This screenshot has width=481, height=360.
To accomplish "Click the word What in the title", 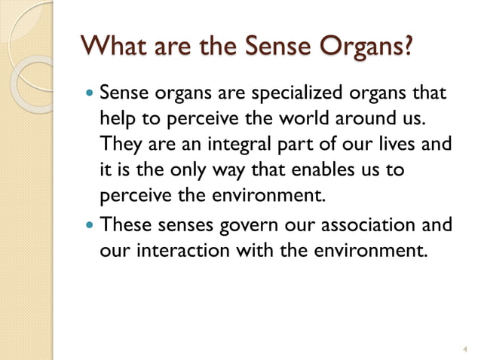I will click(115, 46).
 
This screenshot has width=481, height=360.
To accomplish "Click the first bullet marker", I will click(90, 95).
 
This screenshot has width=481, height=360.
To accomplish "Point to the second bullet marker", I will click(90, 224).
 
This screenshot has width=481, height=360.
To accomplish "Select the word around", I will click(357, 120).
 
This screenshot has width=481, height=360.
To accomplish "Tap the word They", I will click(121, 145).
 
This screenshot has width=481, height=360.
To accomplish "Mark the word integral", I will click(242, 145).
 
